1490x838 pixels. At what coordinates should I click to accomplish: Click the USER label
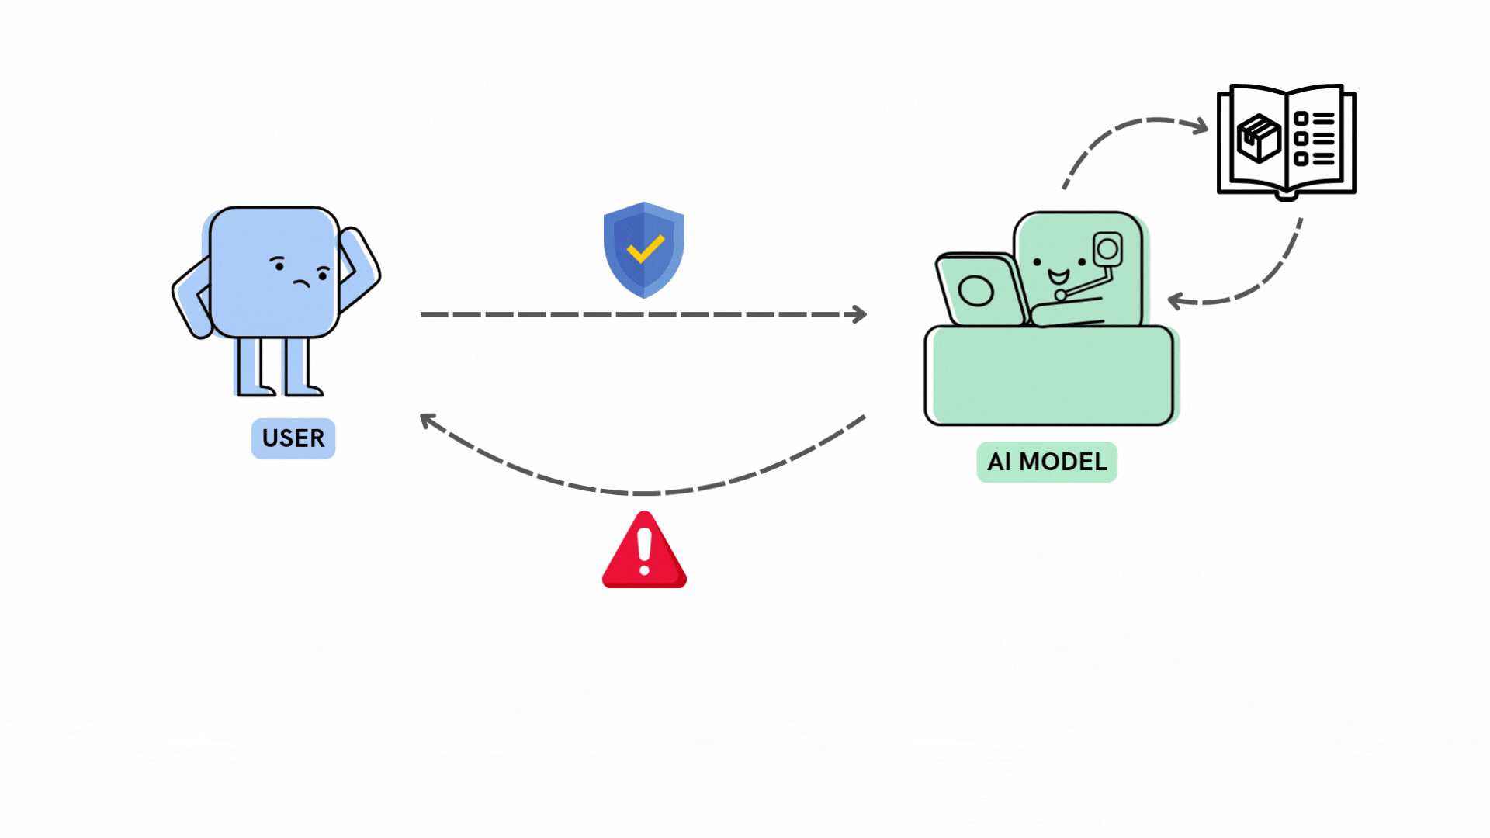pos(293,438)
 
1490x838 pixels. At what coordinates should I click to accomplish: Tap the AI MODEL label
pos(1046,462)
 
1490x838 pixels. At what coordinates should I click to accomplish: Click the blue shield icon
pos(644,250)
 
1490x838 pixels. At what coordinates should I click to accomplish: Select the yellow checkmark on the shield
pos(645,249)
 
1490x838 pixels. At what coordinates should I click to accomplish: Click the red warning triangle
pos(644,551)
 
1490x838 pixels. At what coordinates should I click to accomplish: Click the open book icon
pos(1287,140)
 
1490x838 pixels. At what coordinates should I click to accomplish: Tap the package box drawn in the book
pos(1258,138)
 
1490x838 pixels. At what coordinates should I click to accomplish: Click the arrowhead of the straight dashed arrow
pos(860,314)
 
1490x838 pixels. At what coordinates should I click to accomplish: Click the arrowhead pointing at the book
pos(1201,126)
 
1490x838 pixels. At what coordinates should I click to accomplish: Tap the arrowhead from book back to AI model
pos(1176,300)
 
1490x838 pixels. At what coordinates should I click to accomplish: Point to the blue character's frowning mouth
pos(301,282)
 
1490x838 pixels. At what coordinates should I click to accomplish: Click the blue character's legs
pos(275,366)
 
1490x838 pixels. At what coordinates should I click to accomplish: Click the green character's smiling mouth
pos(1059,276)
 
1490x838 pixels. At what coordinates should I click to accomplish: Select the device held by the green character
pos(1107,250)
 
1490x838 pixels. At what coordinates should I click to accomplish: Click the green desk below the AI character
pos(1049,376)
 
